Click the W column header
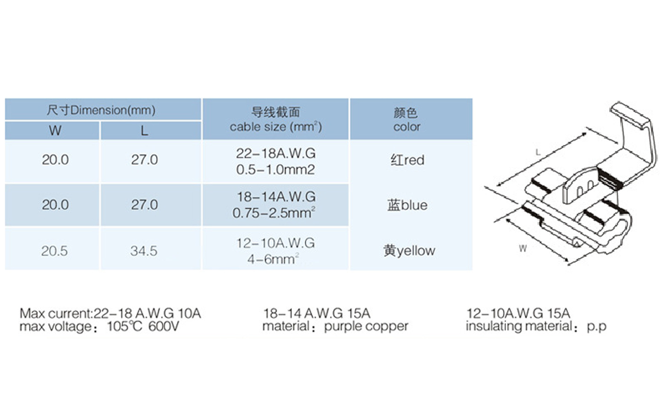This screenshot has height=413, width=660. pos(55,131)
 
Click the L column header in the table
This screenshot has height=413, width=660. pos(144,131)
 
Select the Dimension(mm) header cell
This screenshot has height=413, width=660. pos(101,110)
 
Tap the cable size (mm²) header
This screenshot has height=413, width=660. pos(275,120)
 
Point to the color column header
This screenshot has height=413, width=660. pos(407,120)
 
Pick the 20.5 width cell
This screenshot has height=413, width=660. pos(55,251)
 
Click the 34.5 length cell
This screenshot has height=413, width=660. pos(144,251)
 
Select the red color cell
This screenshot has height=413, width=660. pos(407,160)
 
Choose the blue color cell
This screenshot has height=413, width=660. pos(407,205)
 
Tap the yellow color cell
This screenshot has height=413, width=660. pos(409,251)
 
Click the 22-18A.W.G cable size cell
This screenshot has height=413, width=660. pos(275,153)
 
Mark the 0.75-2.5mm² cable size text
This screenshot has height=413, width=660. pos(274,213)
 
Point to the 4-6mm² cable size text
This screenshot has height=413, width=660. pos(273,259)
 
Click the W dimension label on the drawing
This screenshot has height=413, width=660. pos(523,249)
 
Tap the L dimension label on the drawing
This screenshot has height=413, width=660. pos(538,152)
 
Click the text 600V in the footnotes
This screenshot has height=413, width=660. pos(164,327)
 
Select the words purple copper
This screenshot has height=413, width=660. pos(366,326)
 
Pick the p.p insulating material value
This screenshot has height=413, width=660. pos(596,326)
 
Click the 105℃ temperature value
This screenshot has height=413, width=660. pos(125,327)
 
